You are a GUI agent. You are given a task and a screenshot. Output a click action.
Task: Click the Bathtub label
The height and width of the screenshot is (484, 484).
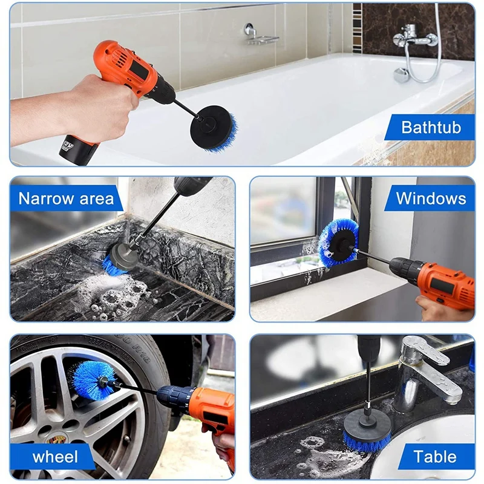coord(431,127)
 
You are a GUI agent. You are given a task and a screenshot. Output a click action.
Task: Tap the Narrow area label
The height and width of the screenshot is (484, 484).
coord(66,198)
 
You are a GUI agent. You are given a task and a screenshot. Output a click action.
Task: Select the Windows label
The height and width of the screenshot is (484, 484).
coord(431,198)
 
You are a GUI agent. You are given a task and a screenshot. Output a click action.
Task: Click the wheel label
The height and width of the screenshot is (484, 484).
coord(55,457)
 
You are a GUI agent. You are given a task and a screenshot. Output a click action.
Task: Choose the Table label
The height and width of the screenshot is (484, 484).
coord(435,457)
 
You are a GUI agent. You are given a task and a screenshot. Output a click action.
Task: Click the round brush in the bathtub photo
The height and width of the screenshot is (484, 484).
coord(214,128)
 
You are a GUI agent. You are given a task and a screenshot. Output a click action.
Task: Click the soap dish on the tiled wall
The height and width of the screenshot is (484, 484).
coord(260,36)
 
